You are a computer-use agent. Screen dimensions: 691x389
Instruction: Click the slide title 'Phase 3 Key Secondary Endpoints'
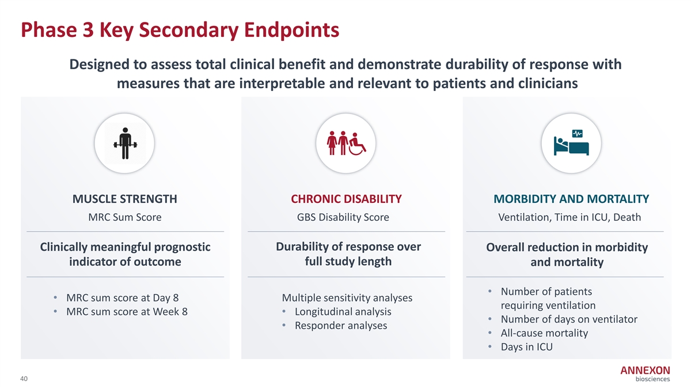point(180,30)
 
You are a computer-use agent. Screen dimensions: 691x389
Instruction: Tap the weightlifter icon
point(126,143)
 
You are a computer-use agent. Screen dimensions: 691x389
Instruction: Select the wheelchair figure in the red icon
point(357,144)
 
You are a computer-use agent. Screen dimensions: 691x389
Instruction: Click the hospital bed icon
point(571,146)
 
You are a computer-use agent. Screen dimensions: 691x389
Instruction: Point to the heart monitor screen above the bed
point(577,133)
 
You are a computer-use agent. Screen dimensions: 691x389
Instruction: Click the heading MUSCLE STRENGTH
point(125,199)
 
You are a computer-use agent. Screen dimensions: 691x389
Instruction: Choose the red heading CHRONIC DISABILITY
point(346,199)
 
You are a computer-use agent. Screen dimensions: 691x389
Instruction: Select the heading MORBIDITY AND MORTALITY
point(571,199)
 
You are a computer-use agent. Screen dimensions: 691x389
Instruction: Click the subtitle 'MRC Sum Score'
point(125,217)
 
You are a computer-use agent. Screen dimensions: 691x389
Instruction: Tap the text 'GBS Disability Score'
point(343,217)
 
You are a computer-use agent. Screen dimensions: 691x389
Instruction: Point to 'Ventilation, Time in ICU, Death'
point(569,217)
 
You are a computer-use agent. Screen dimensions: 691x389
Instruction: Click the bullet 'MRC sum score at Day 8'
point(123,297)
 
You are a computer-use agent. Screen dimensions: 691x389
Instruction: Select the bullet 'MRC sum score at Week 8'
point(127,312)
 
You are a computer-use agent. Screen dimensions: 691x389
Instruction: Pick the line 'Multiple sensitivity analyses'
point(347,298)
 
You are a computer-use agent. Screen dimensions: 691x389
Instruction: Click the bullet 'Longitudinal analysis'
point(343,312)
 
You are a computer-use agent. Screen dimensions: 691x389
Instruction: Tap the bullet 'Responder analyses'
point(341,326)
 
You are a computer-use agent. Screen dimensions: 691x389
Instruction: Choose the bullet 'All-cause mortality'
point(545,333)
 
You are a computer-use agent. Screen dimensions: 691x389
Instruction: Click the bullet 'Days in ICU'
point(526,347)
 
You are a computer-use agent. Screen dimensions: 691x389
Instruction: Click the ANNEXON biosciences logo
point(645,373)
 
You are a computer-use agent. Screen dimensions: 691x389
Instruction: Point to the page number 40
point(24,379)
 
